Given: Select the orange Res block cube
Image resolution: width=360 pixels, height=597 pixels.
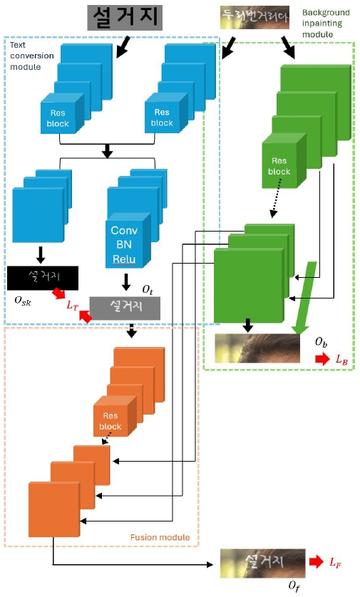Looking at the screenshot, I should [x=110, y=421].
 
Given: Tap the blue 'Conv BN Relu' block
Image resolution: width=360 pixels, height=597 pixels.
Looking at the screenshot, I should [x=128, y=244].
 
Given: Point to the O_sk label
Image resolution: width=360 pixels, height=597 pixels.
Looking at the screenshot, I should [x=23, y=301].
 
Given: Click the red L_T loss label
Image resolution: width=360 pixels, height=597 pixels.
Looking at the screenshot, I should [x=71, y=305].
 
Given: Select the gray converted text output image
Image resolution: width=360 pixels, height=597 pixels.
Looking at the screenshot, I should [x=125, y=307].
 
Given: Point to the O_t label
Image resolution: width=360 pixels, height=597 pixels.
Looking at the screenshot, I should [x=147, y=289].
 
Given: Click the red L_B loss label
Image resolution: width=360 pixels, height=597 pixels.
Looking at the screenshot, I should [x=343, y=360].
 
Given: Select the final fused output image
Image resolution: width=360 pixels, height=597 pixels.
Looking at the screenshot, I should [x=262, y=562].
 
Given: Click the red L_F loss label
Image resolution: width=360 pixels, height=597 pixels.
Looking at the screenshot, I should [x=335, y=562].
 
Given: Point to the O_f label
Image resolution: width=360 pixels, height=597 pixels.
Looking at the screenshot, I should [x=293, y=585].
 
